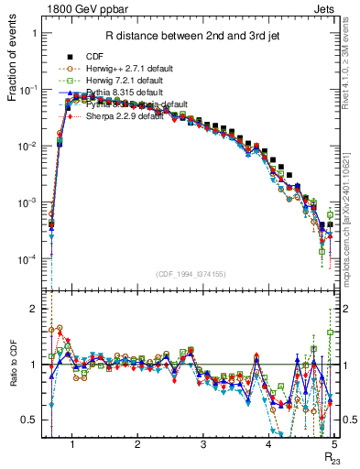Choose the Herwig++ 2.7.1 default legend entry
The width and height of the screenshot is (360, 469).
[138, 68]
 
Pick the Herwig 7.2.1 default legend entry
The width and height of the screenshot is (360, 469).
[136, 81]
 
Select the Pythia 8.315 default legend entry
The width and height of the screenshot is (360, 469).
[135, 93]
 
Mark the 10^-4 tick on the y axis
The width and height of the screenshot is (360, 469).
[32, 259]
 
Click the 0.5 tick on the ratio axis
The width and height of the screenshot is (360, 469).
[35, 420]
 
